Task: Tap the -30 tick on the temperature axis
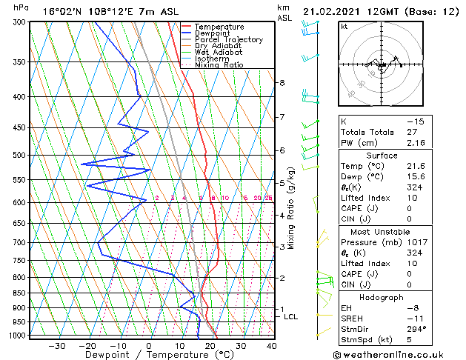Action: [x=56, y=346]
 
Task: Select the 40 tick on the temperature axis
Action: [x=272, y=346]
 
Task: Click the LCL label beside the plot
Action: [x=291, y=316]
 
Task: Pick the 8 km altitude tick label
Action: [x=282, y=82]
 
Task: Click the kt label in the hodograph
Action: [x=344, y=27]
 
